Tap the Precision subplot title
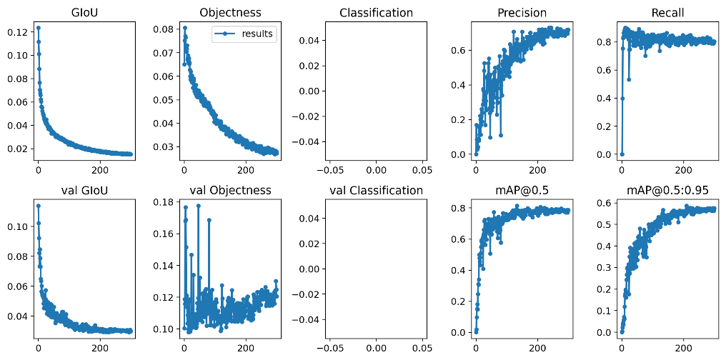pyautogui.click(x=522, y=13)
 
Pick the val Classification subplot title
pyautogui.click(x=376, y=190)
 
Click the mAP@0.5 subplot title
pyautogui.click(x=522, y=190)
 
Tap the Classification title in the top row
pyautogui.click(x=376, y=13)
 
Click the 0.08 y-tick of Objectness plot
pyautogui.click(x=164, y=29)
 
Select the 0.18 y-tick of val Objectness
pyautogui.click(x=164, y=202)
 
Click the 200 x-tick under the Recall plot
pyautogui.click(x=684, y=171)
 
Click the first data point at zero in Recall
pyautogui.click(x=622, y=154)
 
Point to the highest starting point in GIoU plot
pyautogui.click(x=38, y=28)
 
